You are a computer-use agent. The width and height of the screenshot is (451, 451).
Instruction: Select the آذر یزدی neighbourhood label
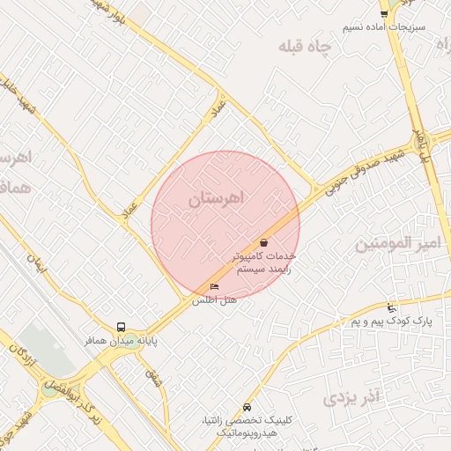click(350, 397)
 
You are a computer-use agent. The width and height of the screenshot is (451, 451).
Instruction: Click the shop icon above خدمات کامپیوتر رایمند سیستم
click(263, 241)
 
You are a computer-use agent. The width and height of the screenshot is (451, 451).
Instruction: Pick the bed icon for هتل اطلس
click(214, 287)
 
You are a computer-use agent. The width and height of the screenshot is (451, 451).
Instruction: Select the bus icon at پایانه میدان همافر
click(121, 326)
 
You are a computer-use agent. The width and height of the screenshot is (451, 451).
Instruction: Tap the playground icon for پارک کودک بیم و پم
click(391, 308)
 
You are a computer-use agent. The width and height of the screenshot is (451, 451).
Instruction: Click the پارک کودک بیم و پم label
click(391, 322)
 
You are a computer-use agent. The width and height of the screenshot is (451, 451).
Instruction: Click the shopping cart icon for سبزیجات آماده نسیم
click(383, 13)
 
